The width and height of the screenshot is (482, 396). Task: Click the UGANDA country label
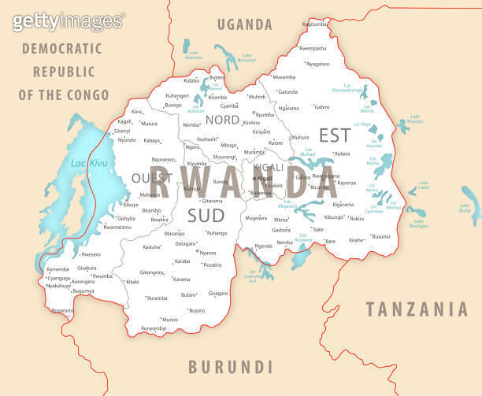(245, 24)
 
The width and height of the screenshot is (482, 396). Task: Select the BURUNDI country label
(230, 366)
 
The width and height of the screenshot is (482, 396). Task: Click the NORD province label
(223, 120)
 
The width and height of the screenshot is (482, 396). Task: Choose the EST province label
(334, 135)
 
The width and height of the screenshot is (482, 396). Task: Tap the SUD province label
(205, 214)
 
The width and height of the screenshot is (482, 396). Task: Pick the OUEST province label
(152, 178)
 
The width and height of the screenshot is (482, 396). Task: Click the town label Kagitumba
(314, 24)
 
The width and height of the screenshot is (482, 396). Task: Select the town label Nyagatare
(317, 63)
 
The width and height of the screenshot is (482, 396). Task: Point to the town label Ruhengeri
(176, 95)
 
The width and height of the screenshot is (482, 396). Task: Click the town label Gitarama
(213, 201)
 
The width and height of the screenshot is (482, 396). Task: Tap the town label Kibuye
(131, 205)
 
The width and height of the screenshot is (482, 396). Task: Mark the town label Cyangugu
(58, 278)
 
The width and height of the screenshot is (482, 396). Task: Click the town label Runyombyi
(154, 328)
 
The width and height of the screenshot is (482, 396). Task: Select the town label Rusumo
(381, 236)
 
